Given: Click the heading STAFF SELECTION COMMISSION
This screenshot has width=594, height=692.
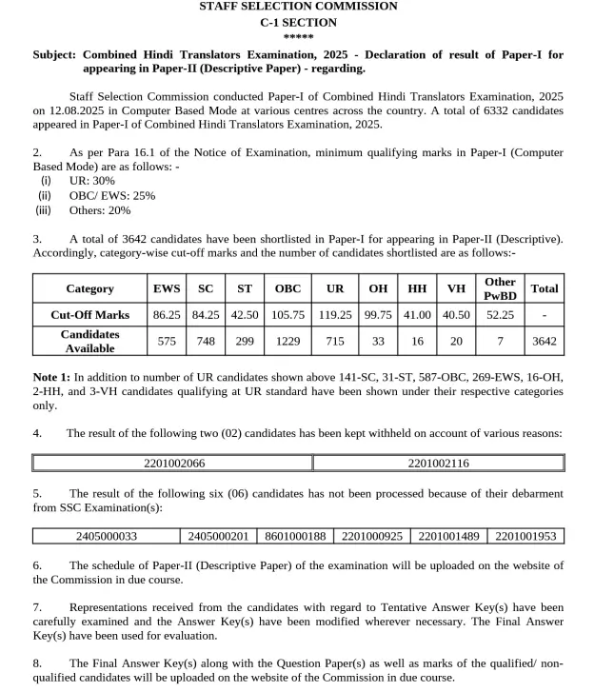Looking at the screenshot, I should pos(298,7).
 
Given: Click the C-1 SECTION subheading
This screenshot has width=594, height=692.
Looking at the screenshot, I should pos(298,22).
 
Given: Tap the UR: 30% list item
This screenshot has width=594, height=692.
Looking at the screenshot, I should pos(92,181).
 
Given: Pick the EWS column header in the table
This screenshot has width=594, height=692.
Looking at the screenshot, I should pos(167,288).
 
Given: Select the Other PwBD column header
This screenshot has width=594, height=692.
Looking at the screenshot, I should pos(500,288).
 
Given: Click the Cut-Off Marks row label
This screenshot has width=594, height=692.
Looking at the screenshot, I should pos(89,315).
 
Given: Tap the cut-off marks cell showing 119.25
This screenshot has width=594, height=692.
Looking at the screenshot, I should pos(335,315).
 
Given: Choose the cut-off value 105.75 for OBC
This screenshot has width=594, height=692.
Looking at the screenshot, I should pos(287,315).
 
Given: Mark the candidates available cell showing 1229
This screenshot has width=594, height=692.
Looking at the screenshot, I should pos(287,341).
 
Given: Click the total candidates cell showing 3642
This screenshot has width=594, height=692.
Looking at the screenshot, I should pos(544,341).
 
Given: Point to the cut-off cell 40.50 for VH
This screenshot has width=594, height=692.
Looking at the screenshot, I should pos(456,315).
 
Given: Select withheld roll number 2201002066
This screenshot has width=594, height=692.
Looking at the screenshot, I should pos(173,464).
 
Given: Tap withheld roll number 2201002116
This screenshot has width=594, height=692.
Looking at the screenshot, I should pos(438,464).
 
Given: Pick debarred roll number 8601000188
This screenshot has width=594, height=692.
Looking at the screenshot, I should pos(295,536).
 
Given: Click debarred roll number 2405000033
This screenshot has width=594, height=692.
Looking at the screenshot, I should pos(107,536).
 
